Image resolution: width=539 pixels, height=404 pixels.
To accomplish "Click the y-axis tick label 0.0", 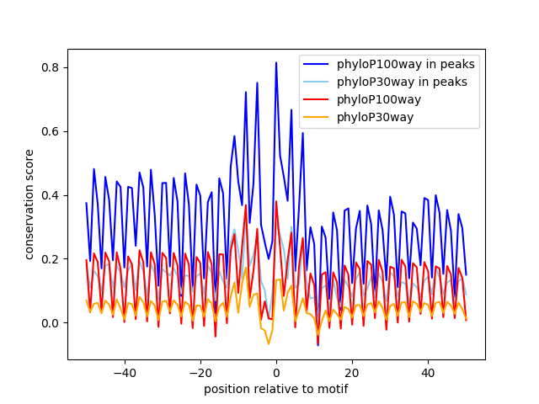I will pos(51,323).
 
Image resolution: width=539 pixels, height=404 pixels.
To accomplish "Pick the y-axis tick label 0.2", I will pos(51,259).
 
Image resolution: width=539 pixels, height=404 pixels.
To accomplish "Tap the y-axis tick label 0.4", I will pos(51,195).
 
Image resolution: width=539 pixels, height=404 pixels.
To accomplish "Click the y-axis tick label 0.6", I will pos(51,131).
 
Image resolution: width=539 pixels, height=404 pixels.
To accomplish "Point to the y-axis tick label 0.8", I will pos(51,67).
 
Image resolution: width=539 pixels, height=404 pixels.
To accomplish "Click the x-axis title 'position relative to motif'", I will pos(276,389).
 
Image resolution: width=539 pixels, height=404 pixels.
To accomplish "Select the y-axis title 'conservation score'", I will pos(29,205).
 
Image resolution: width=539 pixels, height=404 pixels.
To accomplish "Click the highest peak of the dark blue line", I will pos(276,62).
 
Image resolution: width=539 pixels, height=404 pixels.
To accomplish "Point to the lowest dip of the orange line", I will pos(269,343).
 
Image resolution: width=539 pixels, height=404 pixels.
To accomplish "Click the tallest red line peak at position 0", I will pos(276,201).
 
